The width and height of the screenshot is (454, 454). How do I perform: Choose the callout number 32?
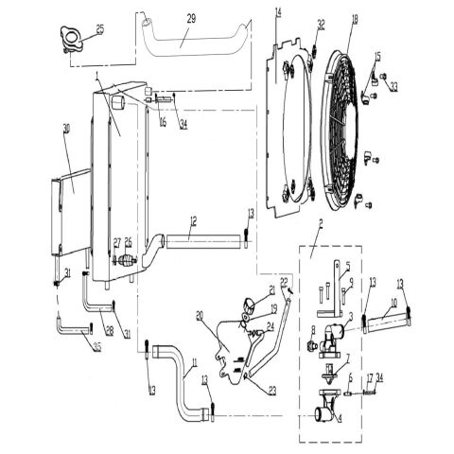click(x=321, y=24)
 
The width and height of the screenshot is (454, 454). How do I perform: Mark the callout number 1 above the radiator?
click(x=97, y=74)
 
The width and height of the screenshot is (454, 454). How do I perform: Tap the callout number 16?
click(x=163, y=123)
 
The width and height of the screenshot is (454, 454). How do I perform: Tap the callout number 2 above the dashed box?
click(x=321, y=223)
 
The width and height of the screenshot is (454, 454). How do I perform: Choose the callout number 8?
click(x=313, y=328)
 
